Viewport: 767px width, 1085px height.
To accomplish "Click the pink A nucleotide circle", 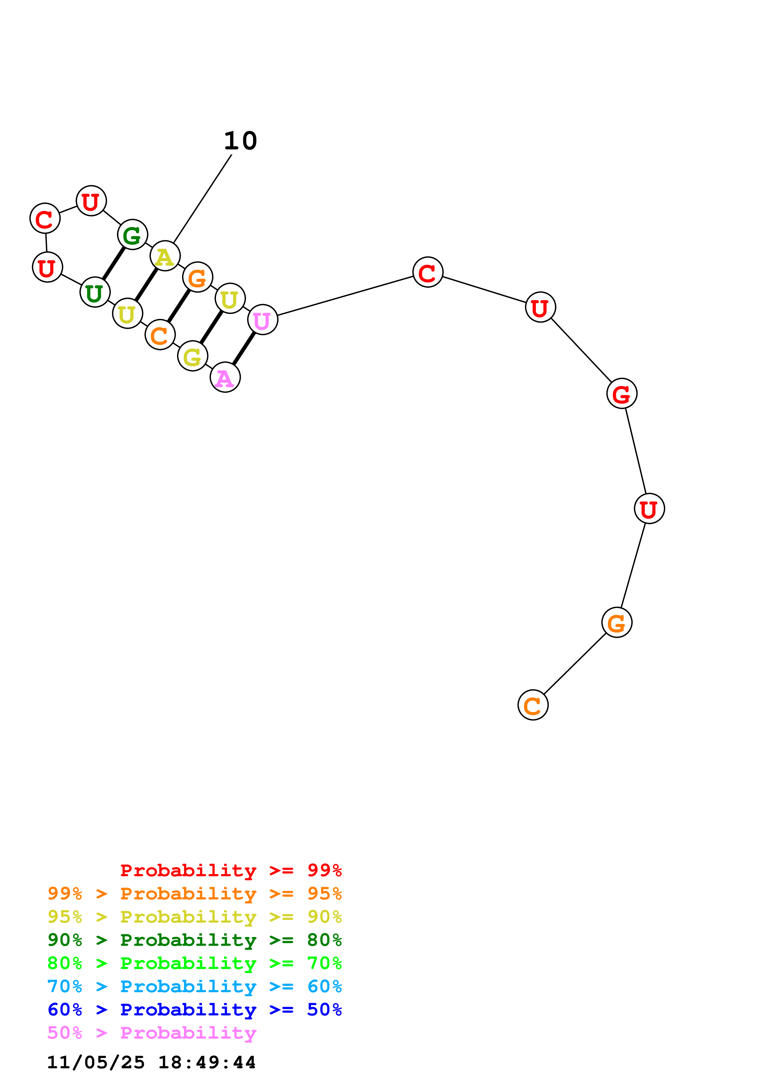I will click(x=225, y=377).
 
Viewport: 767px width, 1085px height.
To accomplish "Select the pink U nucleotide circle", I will click(x=262, y=320).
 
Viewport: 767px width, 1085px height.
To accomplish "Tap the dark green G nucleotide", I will click(x=132, y=234).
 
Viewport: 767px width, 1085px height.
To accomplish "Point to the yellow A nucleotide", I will click(x=165, y=256).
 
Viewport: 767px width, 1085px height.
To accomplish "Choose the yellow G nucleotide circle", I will click(x=192, y=356).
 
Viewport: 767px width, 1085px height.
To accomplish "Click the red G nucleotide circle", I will click(x=622, y=393).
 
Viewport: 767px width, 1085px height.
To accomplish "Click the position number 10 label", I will click(x=240, y=141).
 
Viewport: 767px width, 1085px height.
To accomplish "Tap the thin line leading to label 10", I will click(x=202, y=199).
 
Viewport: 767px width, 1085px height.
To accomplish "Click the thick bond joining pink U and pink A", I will click(x=244, y=348).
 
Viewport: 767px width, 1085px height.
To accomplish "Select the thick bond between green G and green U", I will click(x=114, y=263).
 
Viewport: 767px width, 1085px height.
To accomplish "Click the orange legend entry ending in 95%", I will click(x=194, y=894).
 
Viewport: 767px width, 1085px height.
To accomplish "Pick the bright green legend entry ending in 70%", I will click(x=194, y=963).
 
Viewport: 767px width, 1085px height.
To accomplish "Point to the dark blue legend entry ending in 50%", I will click(x=194, y=1010).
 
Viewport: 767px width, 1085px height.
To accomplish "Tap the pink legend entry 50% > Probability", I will click(x=152, y=1033).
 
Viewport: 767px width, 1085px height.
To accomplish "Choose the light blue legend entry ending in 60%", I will click(x=194, y=986).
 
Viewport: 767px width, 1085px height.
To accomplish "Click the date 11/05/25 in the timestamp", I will click(x=96, y=1062).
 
